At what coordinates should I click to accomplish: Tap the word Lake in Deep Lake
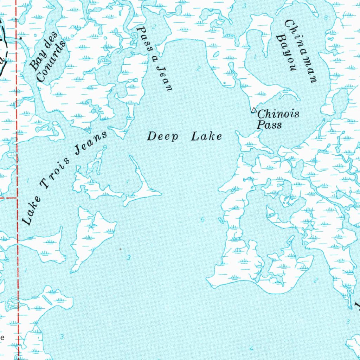206,136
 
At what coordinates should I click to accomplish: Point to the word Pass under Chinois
269,125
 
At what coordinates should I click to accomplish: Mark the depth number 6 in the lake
202,220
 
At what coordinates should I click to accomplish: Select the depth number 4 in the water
251,348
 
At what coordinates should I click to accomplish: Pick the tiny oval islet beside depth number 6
221,220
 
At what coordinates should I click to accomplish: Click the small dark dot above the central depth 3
120,249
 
